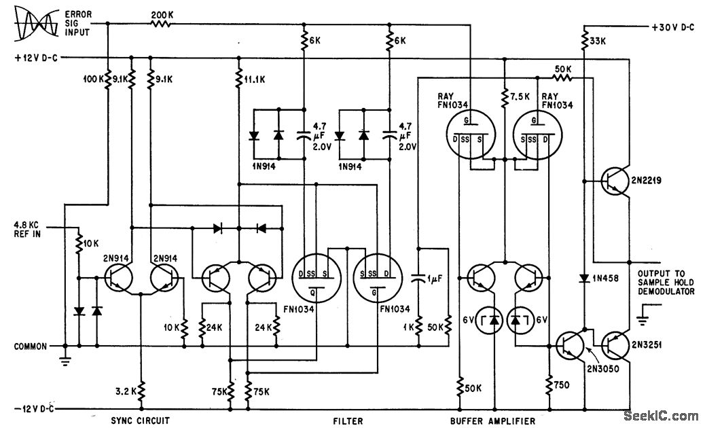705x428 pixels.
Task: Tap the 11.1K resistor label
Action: pos(255,79)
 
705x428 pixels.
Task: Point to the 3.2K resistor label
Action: pos(130,391)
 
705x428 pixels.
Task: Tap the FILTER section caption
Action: pos(348,421)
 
